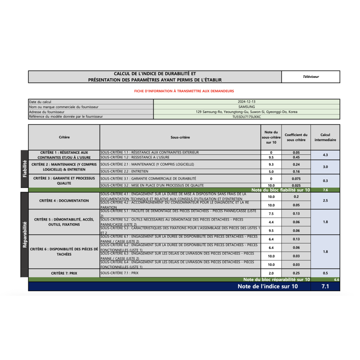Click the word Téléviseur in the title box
[310, 77]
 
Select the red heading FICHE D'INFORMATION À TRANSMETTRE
[184, 91]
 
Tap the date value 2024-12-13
[247, 102]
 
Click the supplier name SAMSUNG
[247, 107]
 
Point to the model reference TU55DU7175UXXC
[247, 117]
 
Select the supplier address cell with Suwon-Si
[247, 112]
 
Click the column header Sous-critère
[180, 137]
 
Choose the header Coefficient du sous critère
[296, 137]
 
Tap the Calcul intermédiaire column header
[325, 137]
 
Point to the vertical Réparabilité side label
[24, 234]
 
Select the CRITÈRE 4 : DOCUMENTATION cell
[64, 201]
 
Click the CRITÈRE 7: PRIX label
[64, 273]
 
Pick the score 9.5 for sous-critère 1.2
[271, 157]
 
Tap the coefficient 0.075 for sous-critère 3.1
[296, 179]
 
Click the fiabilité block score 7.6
[325, 190]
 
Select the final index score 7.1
[325, 286]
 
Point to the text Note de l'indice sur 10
[267, 286]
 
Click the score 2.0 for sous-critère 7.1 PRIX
[271, 273]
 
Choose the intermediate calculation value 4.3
[325, 155]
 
